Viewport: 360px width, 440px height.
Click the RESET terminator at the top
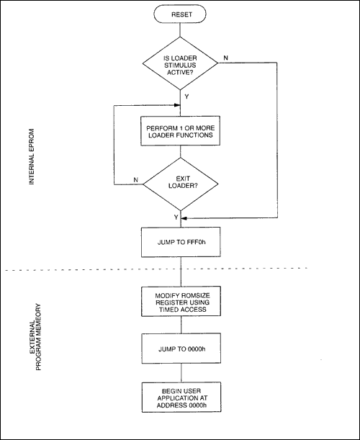(180, 14)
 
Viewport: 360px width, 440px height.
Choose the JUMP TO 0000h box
(180, 349)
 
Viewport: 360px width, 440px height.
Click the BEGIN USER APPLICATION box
(180, 398)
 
